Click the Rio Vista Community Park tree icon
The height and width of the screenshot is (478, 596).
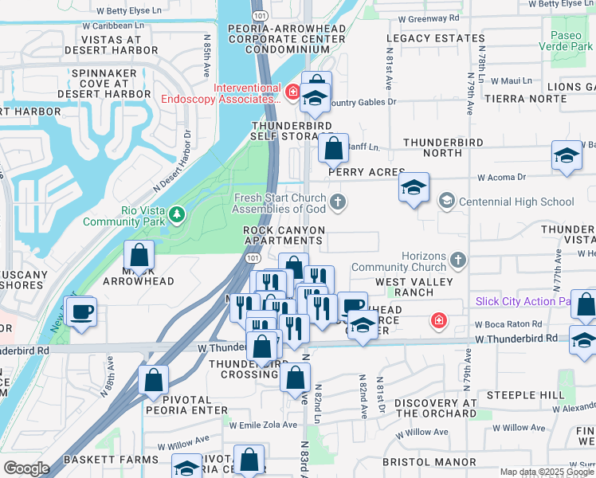click(177, 214)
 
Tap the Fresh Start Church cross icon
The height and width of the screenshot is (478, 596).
click(339, 201)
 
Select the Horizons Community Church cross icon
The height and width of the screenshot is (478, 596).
click(458, 259)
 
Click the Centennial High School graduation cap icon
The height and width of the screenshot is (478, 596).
click(446, 201)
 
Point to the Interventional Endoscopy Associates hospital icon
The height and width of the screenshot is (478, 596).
click(293, 92)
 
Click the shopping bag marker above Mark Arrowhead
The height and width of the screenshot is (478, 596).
click(139, 255)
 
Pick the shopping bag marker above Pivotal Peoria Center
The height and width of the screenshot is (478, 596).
click(153, 380)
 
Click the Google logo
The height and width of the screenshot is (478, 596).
click(26, 468)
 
